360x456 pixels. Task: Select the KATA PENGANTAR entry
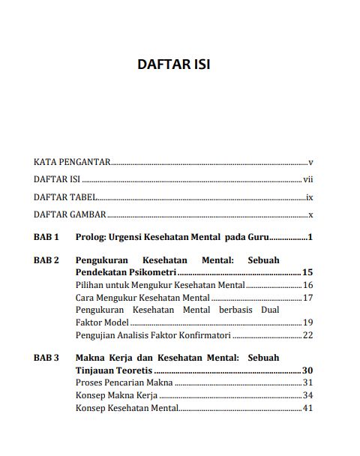tap(72, 161)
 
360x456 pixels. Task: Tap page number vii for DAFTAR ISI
tap(307, 180)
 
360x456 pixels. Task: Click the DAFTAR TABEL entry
tap(65, 199)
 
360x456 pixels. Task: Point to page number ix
tap(308, 199)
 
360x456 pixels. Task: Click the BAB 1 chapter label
tap(46, 238)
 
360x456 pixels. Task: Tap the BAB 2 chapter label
tap(46, 260)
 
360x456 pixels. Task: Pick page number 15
tap(307, 272)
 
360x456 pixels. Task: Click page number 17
tap(307, 298)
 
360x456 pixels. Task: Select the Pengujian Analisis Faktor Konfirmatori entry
tap(153, 334)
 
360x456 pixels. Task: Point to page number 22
tap(307, 334)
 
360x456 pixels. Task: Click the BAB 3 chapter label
tap(46, 358)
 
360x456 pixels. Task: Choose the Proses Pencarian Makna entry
tap(124, 382)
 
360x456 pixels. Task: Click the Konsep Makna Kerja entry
tap(116, 395)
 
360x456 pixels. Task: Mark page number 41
tap(307, 408)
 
